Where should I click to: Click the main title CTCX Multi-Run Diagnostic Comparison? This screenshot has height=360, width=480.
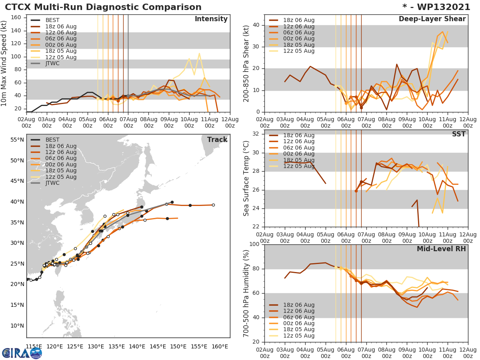click(103, 7)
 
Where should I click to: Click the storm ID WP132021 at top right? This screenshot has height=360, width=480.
click(439, 7)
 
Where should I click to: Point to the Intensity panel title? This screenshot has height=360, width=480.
click(211, 19)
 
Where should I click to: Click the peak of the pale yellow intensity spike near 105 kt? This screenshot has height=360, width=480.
click(199, 53)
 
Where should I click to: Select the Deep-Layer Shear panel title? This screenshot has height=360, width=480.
click(432, 19)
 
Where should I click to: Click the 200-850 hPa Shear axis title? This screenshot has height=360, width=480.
click(247, 64)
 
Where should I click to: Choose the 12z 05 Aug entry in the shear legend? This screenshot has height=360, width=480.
click(298, 51)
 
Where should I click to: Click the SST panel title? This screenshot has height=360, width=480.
click(458, 134)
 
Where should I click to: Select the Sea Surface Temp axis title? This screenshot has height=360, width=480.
click(246, 178)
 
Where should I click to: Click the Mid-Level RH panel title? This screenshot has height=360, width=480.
click(441, 249)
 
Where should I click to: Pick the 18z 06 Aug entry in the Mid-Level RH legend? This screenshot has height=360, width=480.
click(298, 305)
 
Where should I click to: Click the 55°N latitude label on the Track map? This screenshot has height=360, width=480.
click(17, 140)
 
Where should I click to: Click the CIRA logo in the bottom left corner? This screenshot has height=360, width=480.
click(22, 353)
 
